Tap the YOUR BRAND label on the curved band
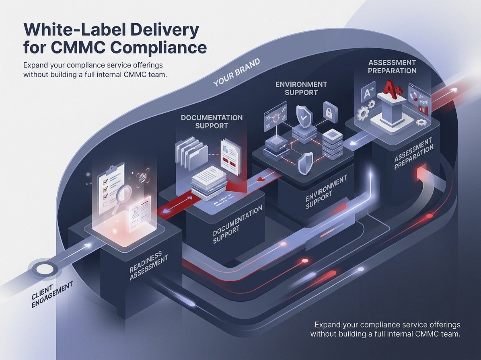click(x=236, y=72)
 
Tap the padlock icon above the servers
click(x=330, y=112)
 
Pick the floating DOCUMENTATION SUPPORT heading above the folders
click(x=212, y=122)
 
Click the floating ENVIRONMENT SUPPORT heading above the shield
click(x=301, y=88)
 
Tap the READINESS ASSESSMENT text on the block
click(x=148, y=265)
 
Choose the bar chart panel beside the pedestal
click(x=419, y=99)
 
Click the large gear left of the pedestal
click(x=363, y=113)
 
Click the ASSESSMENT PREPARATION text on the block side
click(x=413, y=153)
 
